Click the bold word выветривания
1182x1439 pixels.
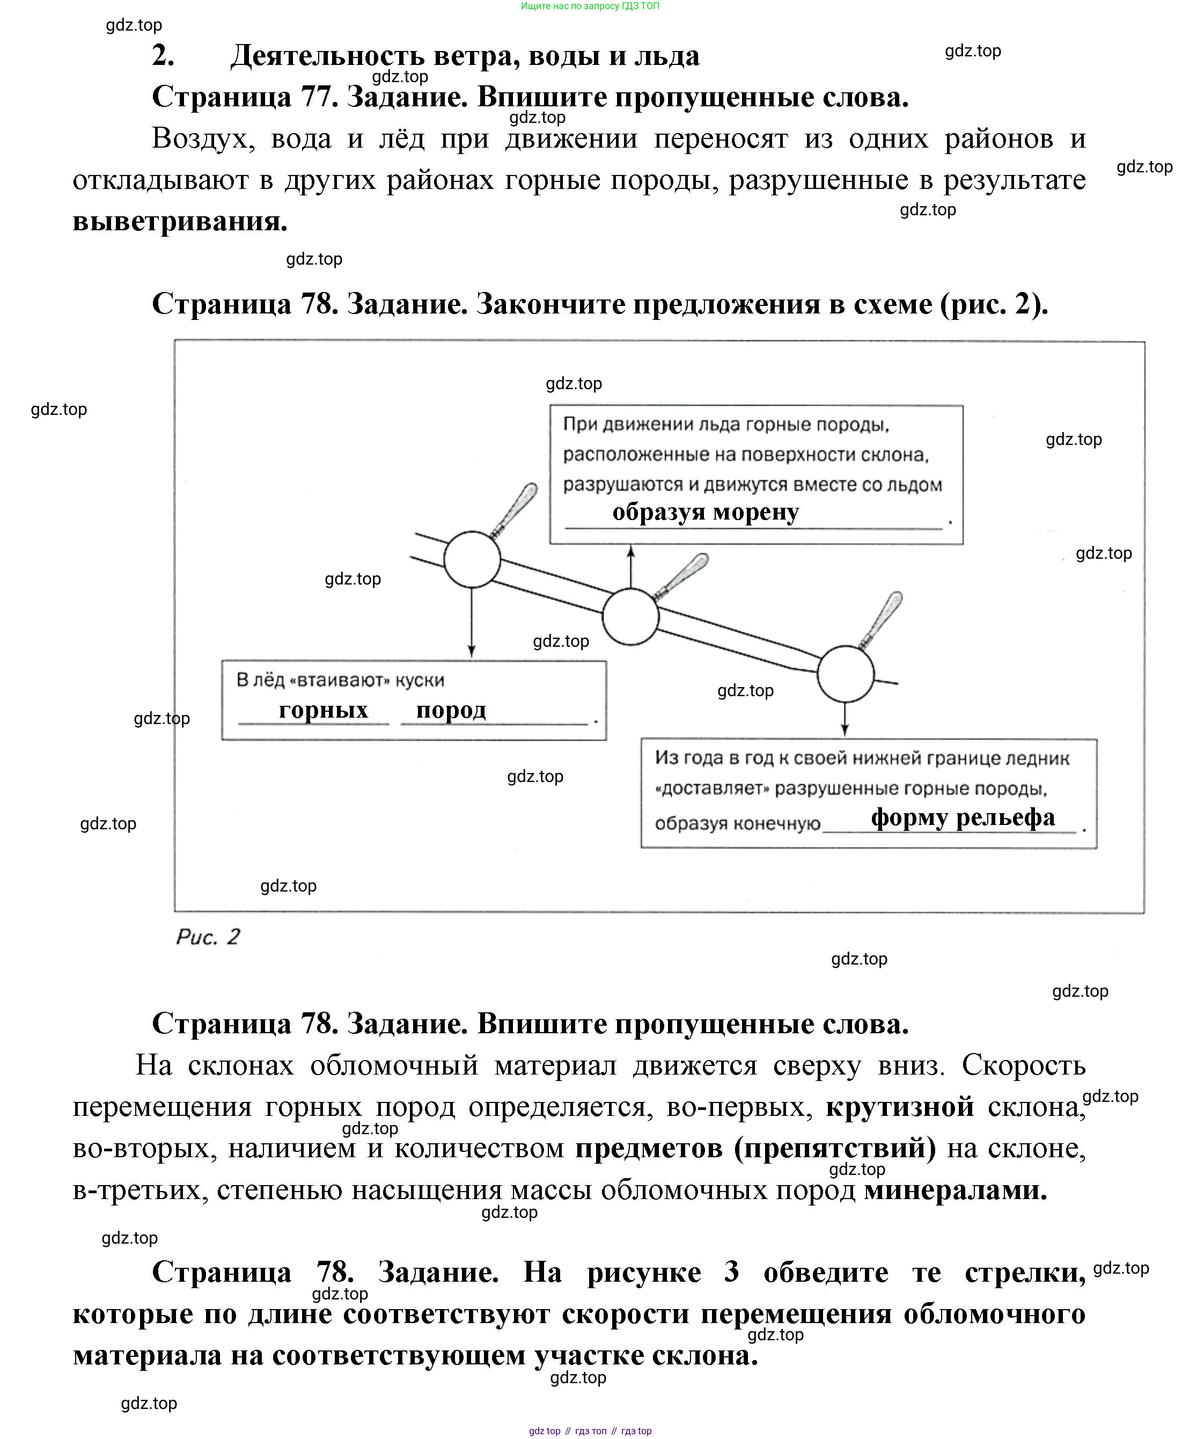click(180, 221)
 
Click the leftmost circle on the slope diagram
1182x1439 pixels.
click(472, 559)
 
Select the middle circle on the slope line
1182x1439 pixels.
click(630, 616)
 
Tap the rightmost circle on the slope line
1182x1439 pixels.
click(845, 674)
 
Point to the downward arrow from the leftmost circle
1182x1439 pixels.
click(471, 623)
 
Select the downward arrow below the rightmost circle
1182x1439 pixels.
click(845, 719)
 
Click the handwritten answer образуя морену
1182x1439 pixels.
click(706, 512)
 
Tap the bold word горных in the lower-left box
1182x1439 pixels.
click(324, 710)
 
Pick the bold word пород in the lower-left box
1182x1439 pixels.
click(451, 710)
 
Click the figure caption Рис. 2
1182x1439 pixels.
click(208, 937)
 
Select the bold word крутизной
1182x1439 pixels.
click(899, 1107)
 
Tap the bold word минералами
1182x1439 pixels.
click(955, 1190)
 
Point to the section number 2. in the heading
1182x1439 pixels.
click(164, 56)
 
